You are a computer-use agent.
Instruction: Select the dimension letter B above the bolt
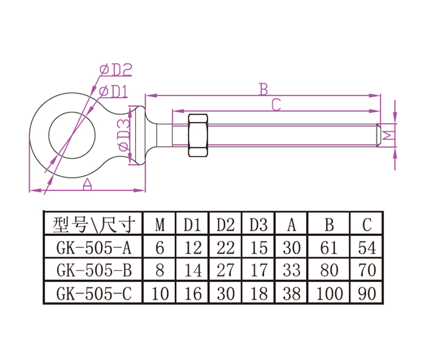(x=263, y=89)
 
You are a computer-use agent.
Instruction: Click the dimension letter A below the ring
(x=87, y=184)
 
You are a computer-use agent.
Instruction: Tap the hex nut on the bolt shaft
(x=199, y=136)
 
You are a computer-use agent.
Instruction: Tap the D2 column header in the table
(x=225, y=225)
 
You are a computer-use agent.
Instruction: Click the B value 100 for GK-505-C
(x=329, y=294)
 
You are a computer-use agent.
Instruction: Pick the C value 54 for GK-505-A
(x=366, y=248)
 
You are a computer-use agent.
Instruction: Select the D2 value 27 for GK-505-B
(x=225, y=271)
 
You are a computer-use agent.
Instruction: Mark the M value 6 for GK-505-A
(x=160, y=248)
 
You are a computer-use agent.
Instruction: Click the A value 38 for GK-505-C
(x=291, y=294)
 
